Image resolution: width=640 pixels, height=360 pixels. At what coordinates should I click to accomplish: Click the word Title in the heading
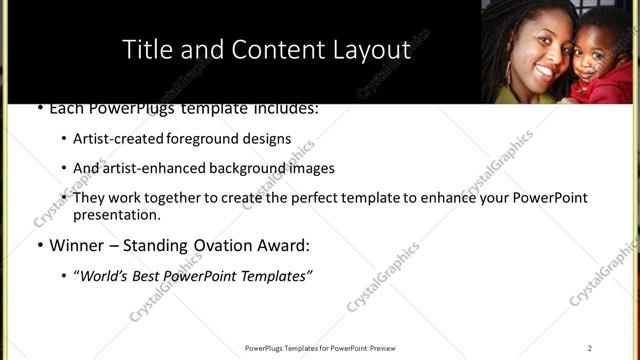pos(147,50)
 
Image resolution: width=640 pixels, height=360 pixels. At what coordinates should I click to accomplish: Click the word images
pos(311,169)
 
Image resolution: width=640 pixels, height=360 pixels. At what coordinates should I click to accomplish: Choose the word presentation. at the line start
pos(117,215)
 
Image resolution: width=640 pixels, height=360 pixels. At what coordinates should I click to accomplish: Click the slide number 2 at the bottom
pos(590,348)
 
